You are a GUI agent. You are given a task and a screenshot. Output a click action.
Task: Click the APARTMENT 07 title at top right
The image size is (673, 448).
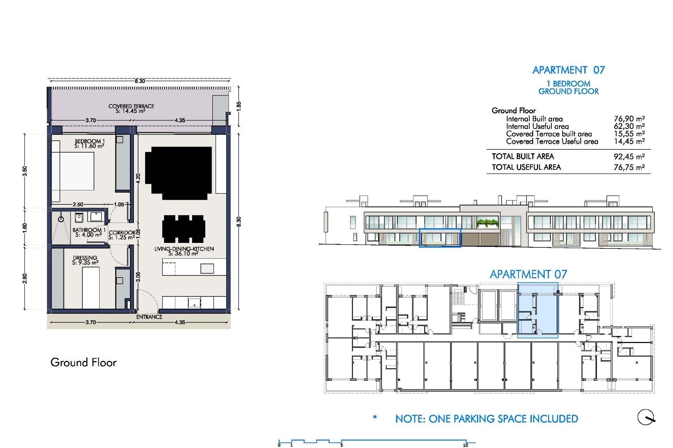tap(568, 70)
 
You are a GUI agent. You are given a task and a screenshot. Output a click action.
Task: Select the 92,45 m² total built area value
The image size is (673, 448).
tap(629, 156)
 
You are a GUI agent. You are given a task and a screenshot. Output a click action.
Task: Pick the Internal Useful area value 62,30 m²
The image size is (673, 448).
tap(629, 126)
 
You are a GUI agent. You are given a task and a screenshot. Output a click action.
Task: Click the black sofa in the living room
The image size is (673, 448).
tap(178, 172)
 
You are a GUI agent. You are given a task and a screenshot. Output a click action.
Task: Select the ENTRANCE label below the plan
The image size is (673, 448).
tap(149, 317)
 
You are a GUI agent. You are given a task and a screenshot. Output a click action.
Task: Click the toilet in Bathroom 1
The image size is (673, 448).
tap(79, 218)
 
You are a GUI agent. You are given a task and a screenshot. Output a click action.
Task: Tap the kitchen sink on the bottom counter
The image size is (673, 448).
tap(194, 302)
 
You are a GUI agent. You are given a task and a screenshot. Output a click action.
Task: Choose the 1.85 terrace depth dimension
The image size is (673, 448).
tap(239, 106)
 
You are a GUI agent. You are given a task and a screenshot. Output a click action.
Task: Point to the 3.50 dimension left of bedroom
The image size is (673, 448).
tap(25, 171)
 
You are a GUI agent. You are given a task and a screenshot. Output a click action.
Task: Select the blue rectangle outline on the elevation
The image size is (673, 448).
tap(440, 238)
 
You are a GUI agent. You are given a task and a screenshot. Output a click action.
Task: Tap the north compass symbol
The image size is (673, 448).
tap(646, 417)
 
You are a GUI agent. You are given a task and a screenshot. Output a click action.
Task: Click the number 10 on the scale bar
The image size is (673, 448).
tap(465, 445)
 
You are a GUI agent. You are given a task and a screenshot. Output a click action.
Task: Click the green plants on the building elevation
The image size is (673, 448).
tap(488, 222)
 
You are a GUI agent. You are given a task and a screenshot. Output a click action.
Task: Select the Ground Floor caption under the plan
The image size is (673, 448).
tap(83, 362)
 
